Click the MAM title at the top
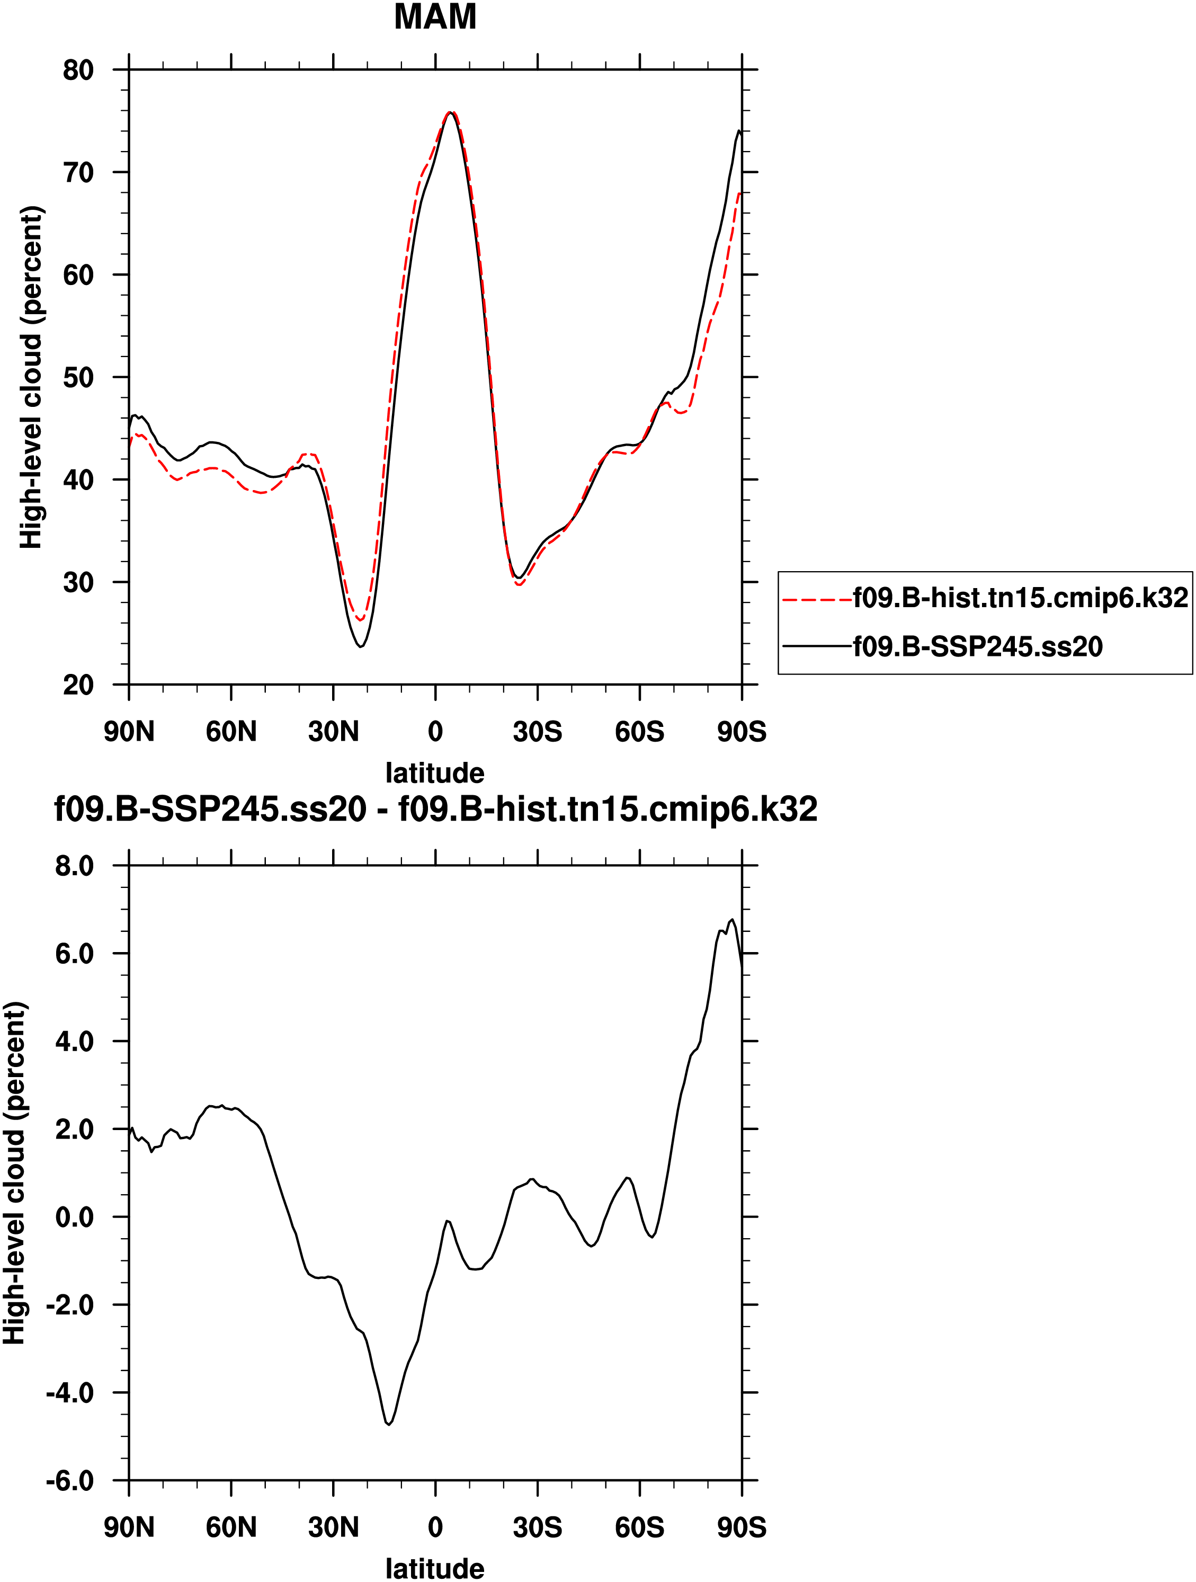435,17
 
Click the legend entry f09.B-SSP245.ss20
977,646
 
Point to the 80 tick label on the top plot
78,70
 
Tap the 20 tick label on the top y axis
78,685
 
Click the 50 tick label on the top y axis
78,378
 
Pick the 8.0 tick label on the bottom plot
74,866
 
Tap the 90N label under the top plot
129,732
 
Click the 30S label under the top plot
538,732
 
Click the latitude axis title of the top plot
435,773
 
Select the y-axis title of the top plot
31,378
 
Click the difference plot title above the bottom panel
435,810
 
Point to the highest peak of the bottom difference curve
732,920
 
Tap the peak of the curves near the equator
450,112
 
